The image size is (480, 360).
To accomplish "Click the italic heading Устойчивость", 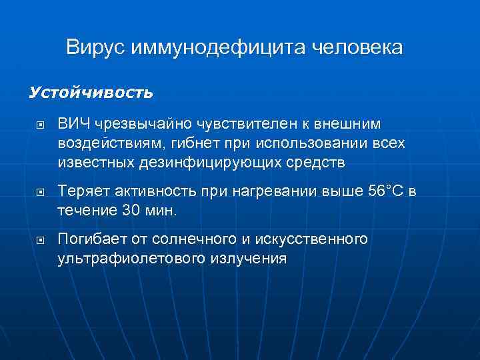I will coord(91,93).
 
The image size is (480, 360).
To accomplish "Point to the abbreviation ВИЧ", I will coord(71,124).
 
